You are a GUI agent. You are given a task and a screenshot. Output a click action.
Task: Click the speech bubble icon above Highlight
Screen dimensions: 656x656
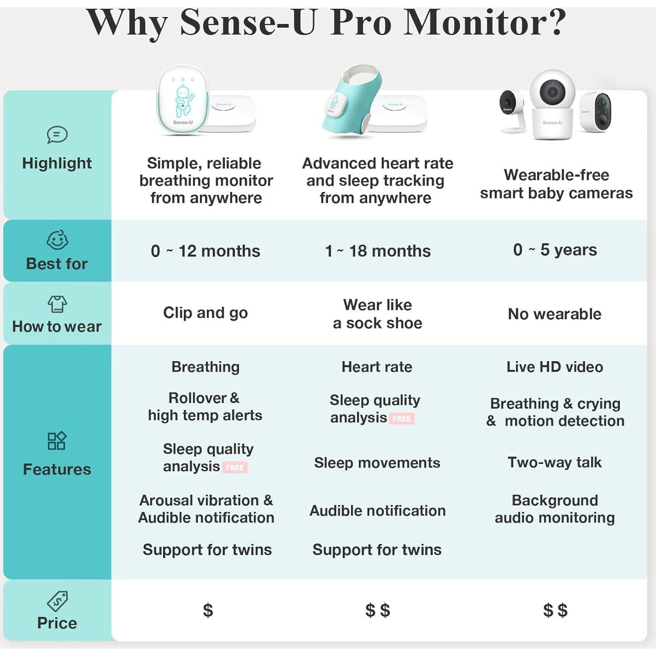tap(57, 135)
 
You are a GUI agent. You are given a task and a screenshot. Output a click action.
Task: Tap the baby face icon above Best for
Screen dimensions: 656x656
tap(57, 240)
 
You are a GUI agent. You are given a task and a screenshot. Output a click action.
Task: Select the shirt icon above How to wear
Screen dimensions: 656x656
tap(57, 304)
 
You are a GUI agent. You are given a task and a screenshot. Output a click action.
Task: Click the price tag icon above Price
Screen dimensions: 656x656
tap(57, 601)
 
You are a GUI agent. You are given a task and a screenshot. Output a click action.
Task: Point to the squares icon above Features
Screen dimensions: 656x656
tap(57, 441)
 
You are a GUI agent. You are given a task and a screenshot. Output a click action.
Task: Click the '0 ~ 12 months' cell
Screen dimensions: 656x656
tap(205, 251)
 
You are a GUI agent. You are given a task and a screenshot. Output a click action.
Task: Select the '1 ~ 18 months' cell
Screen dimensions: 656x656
tap(377, 251)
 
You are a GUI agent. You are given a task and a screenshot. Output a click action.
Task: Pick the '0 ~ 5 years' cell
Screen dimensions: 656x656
tap(555, 250)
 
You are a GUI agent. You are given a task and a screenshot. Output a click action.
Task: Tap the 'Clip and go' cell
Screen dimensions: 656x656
tap(205, 313)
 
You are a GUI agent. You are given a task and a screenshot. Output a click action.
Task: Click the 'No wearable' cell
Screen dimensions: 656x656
tap(555, 314)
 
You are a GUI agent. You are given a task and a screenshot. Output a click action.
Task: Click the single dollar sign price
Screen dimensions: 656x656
tap(208, 610)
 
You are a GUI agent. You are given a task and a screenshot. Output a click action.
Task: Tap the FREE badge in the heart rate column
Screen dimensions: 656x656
tap(402, 419)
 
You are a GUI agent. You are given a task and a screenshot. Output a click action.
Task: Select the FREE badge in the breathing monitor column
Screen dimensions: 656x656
tap(234, 468)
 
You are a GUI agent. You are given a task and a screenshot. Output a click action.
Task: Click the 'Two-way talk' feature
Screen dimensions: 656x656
tap(555, 462)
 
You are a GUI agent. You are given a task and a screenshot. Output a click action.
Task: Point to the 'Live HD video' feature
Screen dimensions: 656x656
tap(555, 367)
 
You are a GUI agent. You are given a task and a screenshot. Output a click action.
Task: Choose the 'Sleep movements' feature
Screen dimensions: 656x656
tap(377, 463)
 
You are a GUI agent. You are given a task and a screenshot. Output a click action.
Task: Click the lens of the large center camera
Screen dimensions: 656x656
tap(552, 91)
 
